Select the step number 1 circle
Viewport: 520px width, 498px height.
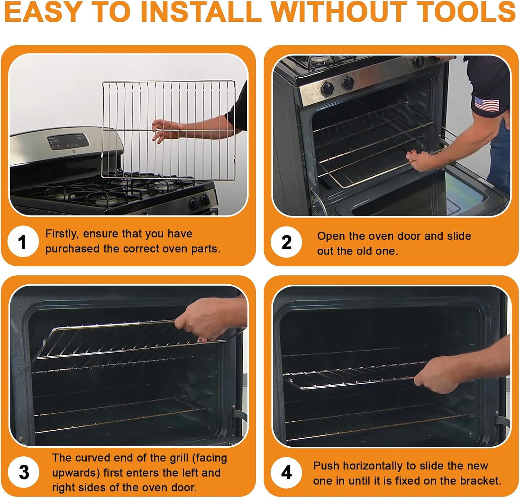pyautogui.click(x=23, y=242)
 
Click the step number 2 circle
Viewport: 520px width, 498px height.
pyautogui.click(x=286, y=242)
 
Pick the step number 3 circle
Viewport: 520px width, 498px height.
pyautogui.click(x=24, y=472)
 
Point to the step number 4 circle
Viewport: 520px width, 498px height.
pyautogui.click(x=286, y=472)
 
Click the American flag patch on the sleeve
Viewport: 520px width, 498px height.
pyautogui.click(x=487, y=104)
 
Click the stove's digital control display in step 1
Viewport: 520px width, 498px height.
pyautogui.click(x=68, y=142)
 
